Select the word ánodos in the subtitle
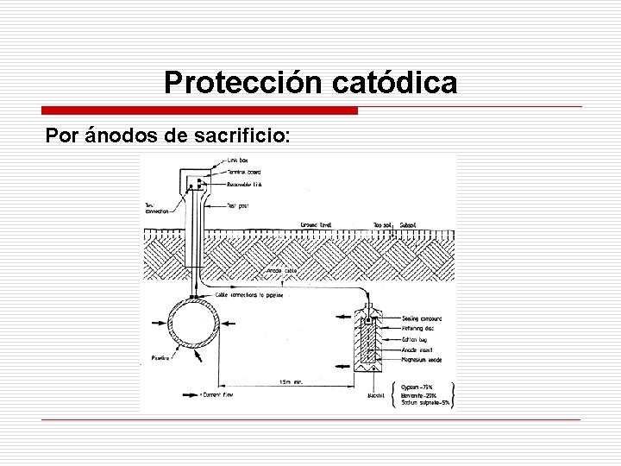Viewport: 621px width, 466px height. pyautogui.click(x=117, y=137)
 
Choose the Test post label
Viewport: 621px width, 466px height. pyautogui.click(x=238, y=205)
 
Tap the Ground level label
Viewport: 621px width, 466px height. pyautogui.click(x=316, y=225)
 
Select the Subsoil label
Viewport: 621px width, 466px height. pyautogui.click(x=409, y=225)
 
